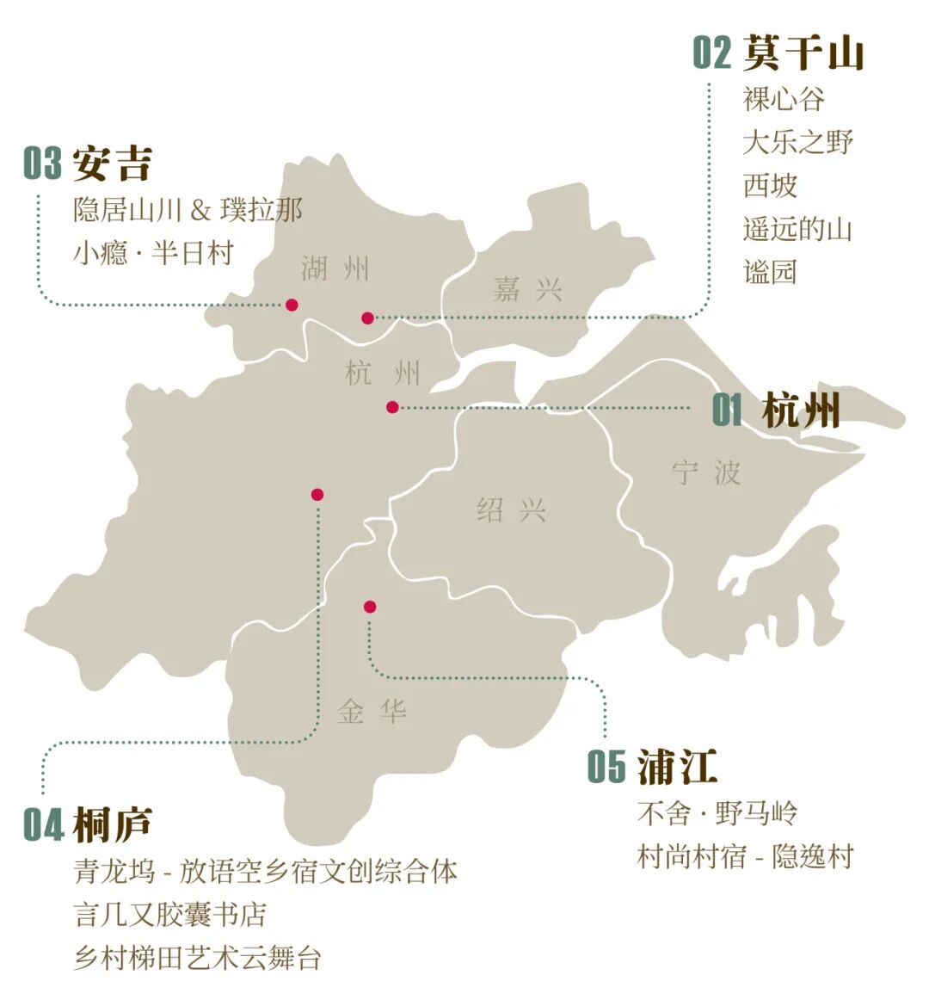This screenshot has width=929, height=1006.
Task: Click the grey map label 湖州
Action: click(335, 268)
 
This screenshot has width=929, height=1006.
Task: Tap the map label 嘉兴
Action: click(527, 289)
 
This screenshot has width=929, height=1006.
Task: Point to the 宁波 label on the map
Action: click(706, 472)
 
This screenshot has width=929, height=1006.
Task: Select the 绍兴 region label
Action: click(512, 510)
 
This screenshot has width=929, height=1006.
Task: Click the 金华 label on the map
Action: click(372, 712)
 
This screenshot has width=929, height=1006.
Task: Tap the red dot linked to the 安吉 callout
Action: click(292, 305)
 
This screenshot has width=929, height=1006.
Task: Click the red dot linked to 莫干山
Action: click(368, 318)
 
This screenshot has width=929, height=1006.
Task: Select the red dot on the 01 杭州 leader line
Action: click(392, 407)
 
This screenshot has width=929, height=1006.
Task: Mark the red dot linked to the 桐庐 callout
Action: click(317, 494)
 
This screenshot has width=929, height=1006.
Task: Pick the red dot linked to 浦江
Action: click(370, 607)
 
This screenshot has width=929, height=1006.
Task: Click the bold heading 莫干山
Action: click(803, 52)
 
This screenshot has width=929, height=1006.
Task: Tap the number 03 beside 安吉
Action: click(42, 164)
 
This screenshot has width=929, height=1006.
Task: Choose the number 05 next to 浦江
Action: click(606, 767)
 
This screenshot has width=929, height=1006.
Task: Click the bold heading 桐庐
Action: click(113, 824)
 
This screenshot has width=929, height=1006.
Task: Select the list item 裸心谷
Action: click(784, 99)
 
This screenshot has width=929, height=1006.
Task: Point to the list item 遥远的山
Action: click(797, 229)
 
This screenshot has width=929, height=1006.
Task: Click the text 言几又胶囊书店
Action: click(170, 914)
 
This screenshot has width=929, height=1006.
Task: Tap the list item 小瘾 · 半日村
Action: click(153, 254)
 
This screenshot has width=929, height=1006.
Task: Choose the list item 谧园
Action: click(770, 272)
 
